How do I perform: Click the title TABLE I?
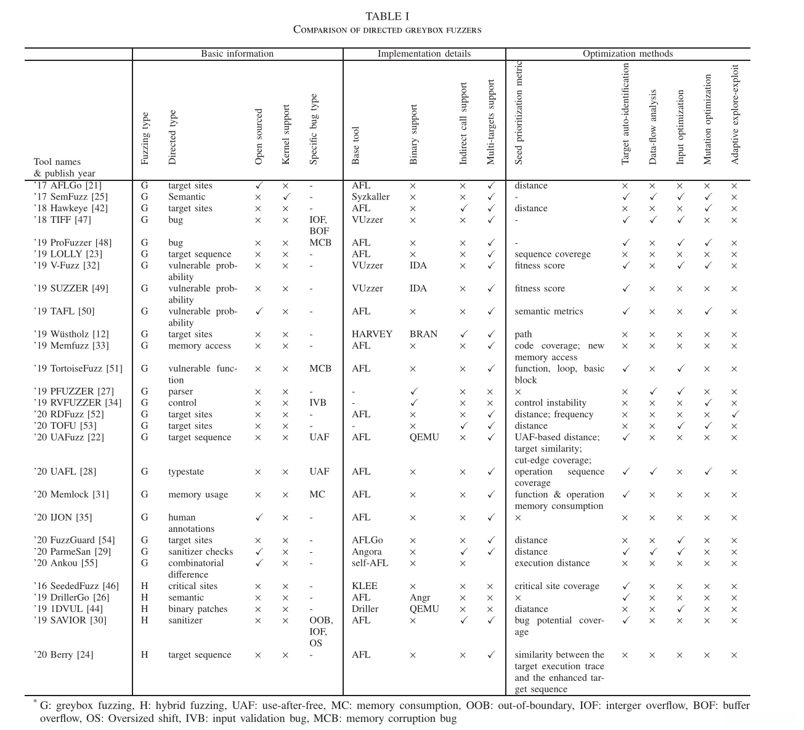387,17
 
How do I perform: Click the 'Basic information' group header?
237,54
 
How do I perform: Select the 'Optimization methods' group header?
627,54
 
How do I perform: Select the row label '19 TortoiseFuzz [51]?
78,369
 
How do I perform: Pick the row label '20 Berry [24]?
63,655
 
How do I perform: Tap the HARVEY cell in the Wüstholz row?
372,334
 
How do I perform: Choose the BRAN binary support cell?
423,334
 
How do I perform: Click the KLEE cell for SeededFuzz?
364,586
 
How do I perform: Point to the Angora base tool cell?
367,552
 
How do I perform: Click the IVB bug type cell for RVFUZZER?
318,403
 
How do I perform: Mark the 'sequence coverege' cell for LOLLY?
552,254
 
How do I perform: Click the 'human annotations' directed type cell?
191,523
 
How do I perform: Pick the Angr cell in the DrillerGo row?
420,598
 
